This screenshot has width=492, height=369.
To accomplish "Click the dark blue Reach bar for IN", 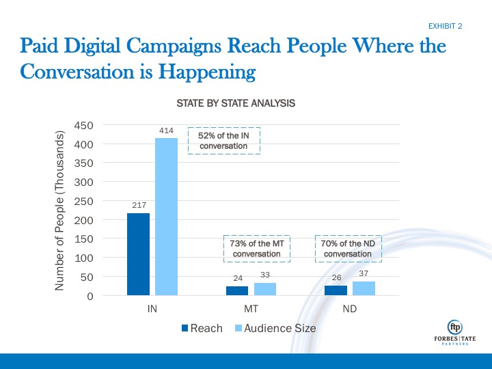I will point(139,254).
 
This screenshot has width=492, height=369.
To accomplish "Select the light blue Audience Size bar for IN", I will point(166,217).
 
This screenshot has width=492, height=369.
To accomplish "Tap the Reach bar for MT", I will point(237,291).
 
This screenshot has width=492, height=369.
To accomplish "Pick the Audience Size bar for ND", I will point(364,288).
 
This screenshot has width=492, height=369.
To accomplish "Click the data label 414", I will point(166,130).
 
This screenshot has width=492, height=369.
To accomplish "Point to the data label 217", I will point(139,205).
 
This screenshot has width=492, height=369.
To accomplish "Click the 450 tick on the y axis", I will point(84,126).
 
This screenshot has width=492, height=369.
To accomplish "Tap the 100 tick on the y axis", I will point(84,258).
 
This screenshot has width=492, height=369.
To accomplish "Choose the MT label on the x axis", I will point(251,308).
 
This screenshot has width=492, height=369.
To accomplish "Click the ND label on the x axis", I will point(350,308).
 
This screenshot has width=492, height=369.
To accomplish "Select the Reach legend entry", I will point(202,328).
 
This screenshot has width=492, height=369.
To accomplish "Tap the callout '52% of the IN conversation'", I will point(223,141).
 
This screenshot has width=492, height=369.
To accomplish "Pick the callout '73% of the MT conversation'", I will point(257,249).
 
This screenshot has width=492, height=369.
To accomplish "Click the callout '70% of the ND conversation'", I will point(347,249).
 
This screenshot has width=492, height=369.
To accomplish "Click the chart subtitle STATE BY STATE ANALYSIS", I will point(236,104).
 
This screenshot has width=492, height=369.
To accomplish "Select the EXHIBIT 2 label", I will point(446,26).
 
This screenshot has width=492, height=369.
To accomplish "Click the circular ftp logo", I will point(454,327).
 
